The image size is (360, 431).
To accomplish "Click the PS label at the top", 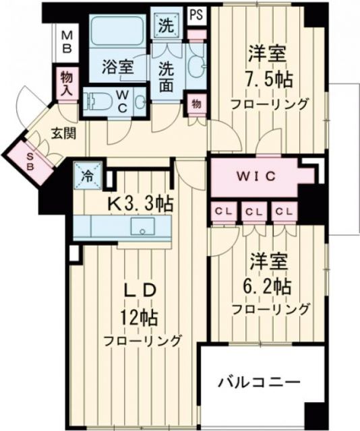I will point(196,14).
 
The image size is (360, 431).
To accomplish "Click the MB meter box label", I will point(67,42).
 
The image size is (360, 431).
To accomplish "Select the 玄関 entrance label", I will point(61,133).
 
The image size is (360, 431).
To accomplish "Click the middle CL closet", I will point(253,211).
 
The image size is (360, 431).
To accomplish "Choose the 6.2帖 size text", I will point(269,285).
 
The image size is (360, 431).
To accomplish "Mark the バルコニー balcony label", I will point(258,383).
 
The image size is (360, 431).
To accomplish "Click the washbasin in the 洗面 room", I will point(196,65).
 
